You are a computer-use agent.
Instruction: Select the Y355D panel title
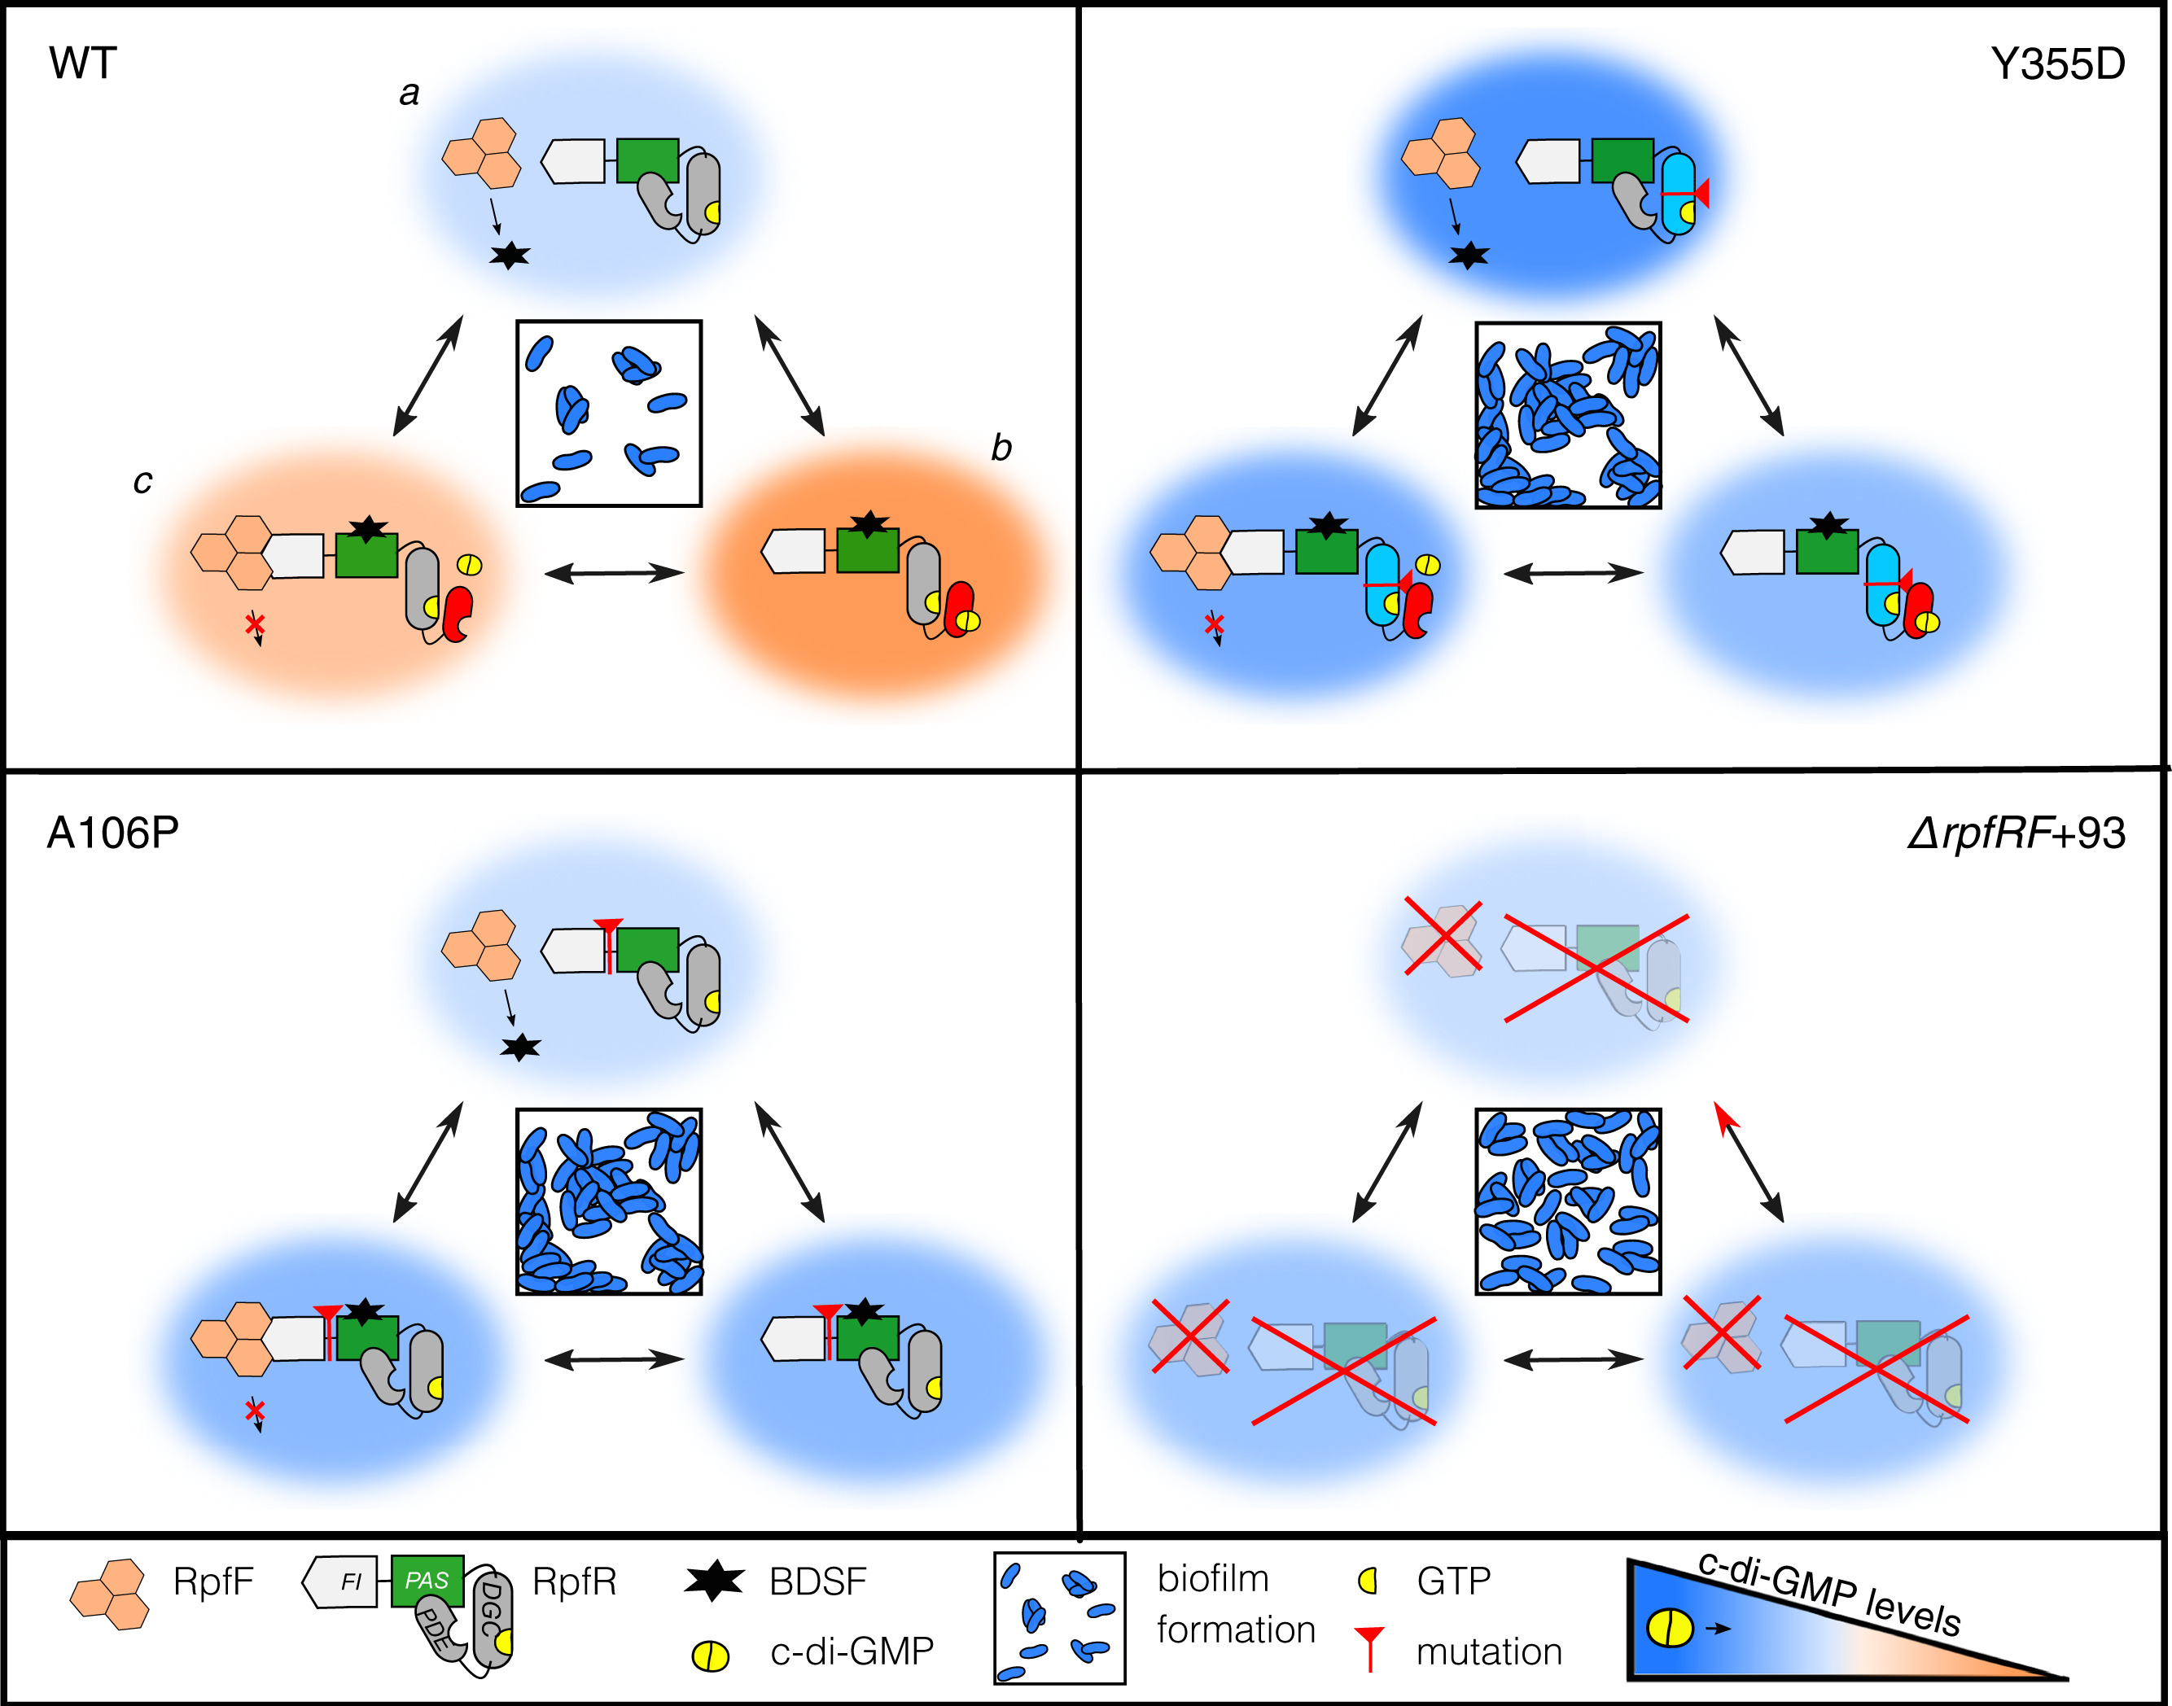pos(2057,65)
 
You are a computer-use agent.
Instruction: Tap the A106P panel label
pos(113,833)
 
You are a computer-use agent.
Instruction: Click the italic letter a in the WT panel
pos(409,94)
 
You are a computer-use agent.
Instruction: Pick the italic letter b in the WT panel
pos(1001,448)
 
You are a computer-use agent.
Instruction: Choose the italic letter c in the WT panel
pos(142,481)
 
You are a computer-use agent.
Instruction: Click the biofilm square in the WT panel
pos(608,413)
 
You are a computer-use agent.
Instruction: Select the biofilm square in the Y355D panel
pos(1568,414)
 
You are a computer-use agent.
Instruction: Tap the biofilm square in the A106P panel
pos(608,1201)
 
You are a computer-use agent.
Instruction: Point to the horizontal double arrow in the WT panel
pos(614,573)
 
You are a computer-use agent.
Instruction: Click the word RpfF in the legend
pos(212,1582)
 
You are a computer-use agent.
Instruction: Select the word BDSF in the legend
pos(817,1582)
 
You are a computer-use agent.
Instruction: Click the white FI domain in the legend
pos(343,1582)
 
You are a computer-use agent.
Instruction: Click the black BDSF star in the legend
pos(713,1581)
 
